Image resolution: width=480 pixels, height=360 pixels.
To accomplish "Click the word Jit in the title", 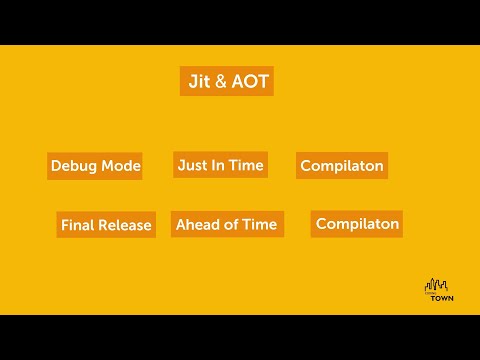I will pyautogui.click(x=198, y=81).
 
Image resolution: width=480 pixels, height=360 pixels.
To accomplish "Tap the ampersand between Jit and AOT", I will pyautogui.click(x=220, y=82).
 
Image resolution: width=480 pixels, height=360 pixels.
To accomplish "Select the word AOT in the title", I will pyautogui.click(x=249, y=81).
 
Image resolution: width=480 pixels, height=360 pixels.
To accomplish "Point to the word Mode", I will pyautogui.click(x=120, y=166).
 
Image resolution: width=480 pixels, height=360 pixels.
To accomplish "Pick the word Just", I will pyautogui.click(x=193, y=164).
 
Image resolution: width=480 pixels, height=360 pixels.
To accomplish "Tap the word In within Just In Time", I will pyautogui.click(x=220, y=164).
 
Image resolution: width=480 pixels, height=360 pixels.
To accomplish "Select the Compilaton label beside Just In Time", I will pyautogui.click(x=342, y=166).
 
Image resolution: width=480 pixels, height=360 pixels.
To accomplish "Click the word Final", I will pyautogui.click(x=78, y=225).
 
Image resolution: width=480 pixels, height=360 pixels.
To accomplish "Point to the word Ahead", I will pyautogui.click(x=197, y=224).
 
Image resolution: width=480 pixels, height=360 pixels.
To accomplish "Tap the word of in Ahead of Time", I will pyautogui.click(x=232, y=224).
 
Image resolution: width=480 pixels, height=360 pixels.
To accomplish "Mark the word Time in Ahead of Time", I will pyautogui.click(x=259, y=224).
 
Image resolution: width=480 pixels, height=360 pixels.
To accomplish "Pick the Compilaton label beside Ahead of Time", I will pyautogui.click(x=357, y=224).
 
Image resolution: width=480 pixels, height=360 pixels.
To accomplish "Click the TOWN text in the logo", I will pyautogui.click(x=441, y=298).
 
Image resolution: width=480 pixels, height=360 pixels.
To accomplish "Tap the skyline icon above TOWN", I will pyautogui.click(x=438, y=284).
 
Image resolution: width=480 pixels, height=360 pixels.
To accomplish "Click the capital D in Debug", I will pyautogui.click(x=56, y=166).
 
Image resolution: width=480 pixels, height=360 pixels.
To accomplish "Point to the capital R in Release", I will pyautogui.click(x=104, y=225).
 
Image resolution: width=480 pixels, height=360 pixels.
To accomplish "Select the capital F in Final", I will pyautogui.click(x=65, y=225).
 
